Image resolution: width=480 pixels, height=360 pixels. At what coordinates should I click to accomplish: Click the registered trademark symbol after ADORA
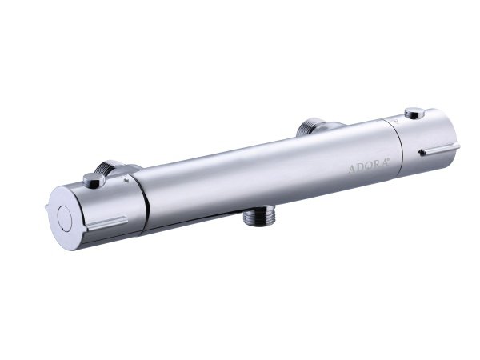(388, 159)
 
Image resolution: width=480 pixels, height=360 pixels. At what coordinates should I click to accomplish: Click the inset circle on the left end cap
(66, 218)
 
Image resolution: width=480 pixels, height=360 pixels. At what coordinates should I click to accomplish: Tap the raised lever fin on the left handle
(107, 223)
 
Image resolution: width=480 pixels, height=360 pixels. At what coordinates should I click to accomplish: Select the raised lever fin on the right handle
(439, 149)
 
